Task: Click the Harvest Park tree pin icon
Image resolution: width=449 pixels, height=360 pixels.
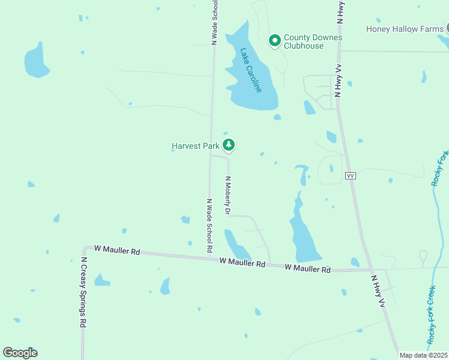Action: pos(229,145)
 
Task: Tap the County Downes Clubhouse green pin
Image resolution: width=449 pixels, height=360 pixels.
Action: pos(275,41)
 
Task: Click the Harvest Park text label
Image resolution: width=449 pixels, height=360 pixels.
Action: pos(196,146)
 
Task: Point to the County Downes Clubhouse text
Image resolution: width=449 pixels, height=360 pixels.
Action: pos(312,41)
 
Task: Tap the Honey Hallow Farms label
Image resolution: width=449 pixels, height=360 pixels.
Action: pos(405,29)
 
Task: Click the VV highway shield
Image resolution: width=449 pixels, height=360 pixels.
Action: pos(351,175)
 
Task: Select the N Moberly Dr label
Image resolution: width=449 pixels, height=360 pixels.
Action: pos(228,195)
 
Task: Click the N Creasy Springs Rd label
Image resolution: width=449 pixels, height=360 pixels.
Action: pos(84,292)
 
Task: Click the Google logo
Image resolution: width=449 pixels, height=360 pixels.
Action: pos(20,353)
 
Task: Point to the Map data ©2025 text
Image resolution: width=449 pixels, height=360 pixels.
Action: pos(423,355)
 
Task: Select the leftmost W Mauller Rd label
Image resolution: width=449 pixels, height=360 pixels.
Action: pos(116,251)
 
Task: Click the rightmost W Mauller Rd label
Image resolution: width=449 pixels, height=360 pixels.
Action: pos(307,269)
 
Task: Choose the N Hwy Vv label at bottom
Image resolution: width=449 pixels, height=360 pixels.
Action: pos(377,292)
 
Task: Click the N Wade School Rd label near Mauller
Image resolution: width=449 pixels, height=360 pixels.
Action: pos(209,225)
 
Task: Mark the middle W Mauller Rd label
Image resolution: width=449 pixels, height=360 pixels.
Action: pos(242,262)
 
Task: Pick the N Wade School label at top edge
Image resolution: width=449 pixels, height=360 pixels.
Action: pos(214,22)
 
